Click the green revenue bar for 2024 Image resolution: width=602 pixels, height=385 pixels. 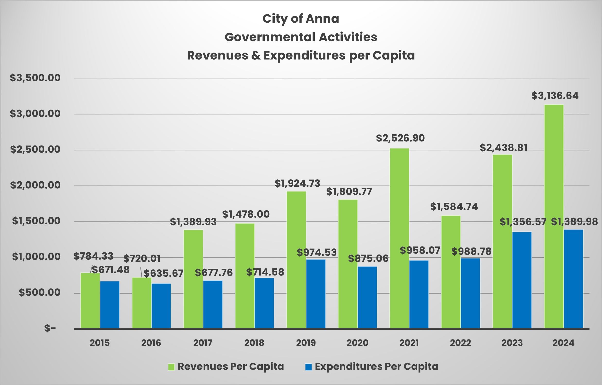pos(554,217)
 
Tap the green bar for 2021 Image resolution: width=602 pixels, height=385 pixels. pos(399,238)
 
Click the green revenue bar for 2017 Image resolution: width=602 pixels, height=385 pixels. pos(193,279)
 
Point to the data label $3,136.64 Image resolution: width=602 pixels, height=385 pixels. pos(555,96)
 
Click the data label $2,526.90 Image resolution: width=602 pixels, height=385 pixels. pos(400,138)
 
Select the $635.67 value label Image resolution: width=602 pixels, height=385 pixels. pos(163,273)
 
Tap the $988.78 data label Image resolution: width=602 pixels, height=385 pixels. pos(471,252)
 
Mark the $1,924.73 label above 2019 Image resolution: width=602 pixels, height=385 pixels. pos(297,183)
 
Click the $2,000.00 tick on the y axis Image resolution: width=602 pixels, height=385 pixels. pos(35,185)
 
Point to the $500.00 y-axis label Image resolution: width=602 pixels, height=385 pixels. pos(40,292)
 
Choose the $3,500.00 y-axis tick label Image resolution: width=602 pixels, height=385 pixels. pos(35,78)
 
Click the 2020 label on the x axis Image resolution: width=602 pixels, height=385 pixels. pos(357,343)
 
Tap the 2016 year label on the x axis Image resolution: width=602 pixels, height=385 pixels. pos(151,343)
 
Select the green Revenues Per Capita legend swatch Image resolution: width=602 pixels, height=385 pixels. pos(171,367)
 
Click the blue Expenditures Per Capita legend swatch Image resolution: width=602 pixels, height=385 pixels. pos(308,367)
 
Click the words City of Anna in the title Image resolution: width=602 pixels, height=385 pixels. pos(301,19)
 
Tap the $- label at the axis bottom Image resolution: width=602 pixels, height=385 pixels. pos(50,328)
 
